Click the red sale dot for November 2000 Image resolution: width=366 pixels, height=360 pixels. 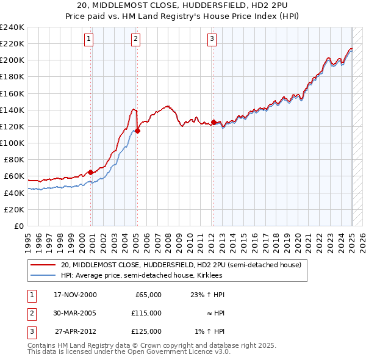click(x=91, y=171)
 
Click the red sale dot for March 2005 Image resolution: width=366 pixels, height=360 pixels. click(x=138, y=130)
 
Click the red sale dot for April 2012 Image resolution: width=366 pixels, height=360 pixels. click(x=214, y=122)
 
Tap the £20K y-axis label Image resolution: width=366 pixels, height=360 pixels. click(x=13, y=209)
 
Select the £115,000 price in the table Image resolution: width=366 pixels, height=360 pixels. click(x=146, y=313)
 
